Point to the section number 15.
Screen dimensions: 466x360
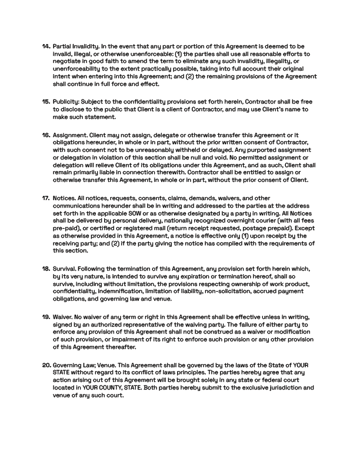46,102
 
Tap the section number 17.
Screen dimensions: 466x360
46,198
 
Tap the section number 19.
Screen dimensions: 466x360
46,317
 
